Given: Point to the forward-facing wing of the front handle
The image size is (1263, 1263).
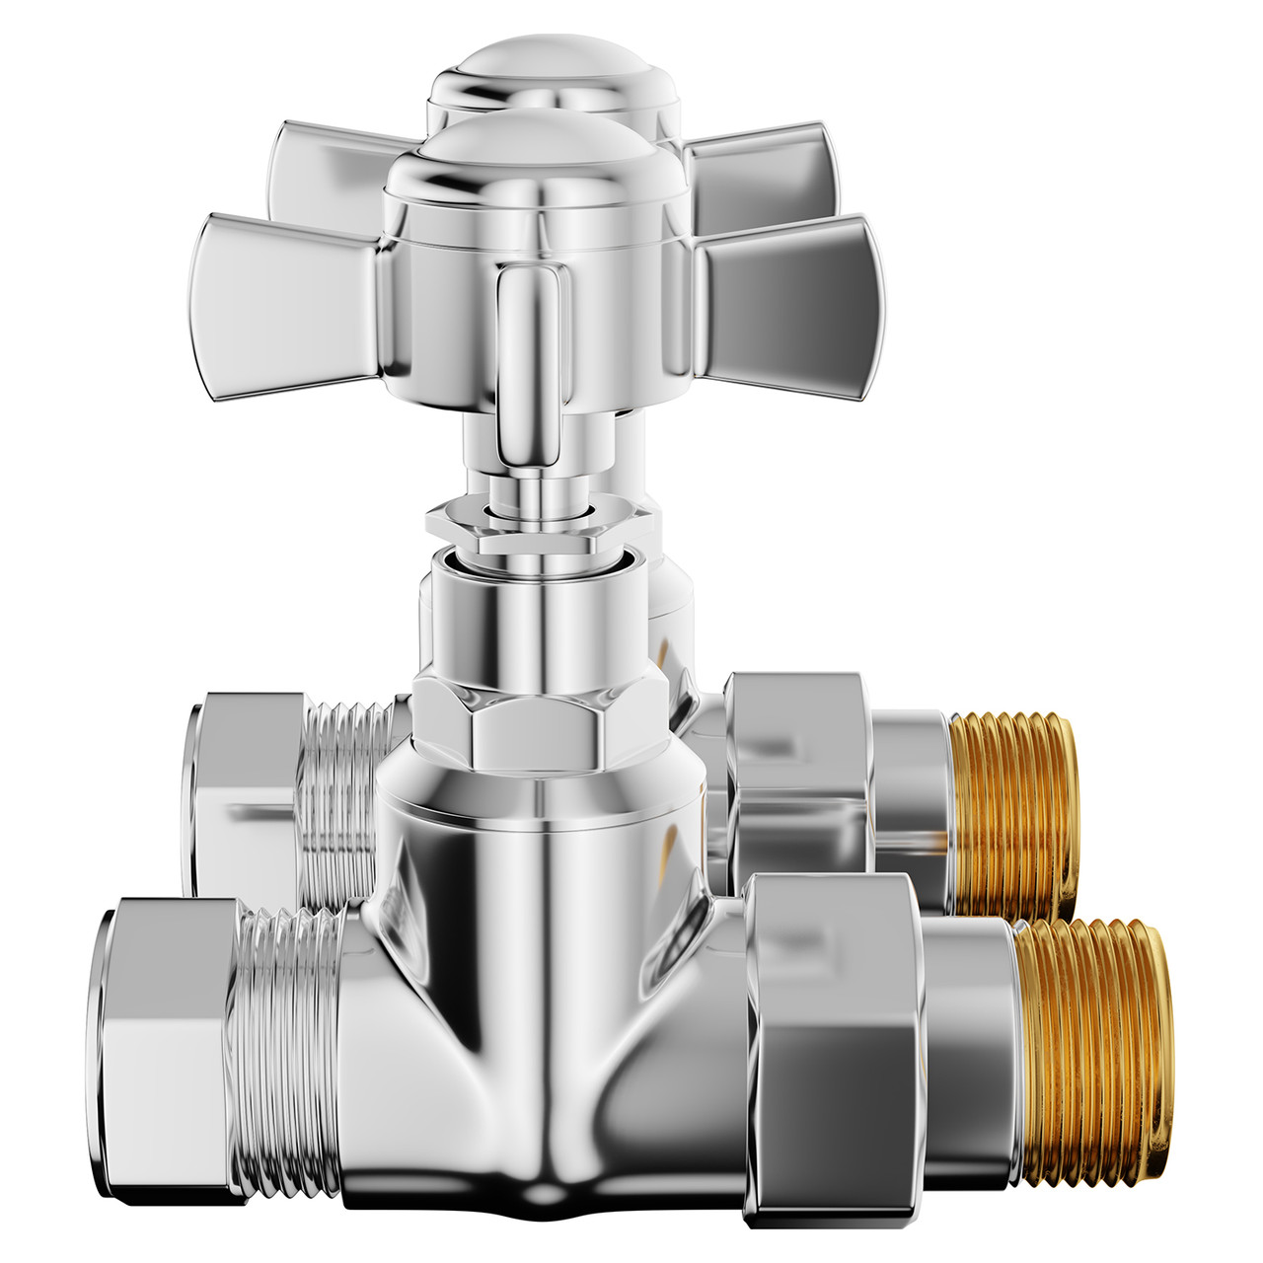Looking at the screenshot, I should coord(533,365).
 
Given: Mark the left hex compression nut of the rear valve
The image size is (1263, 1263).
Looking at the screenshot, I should coord(242,789).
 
